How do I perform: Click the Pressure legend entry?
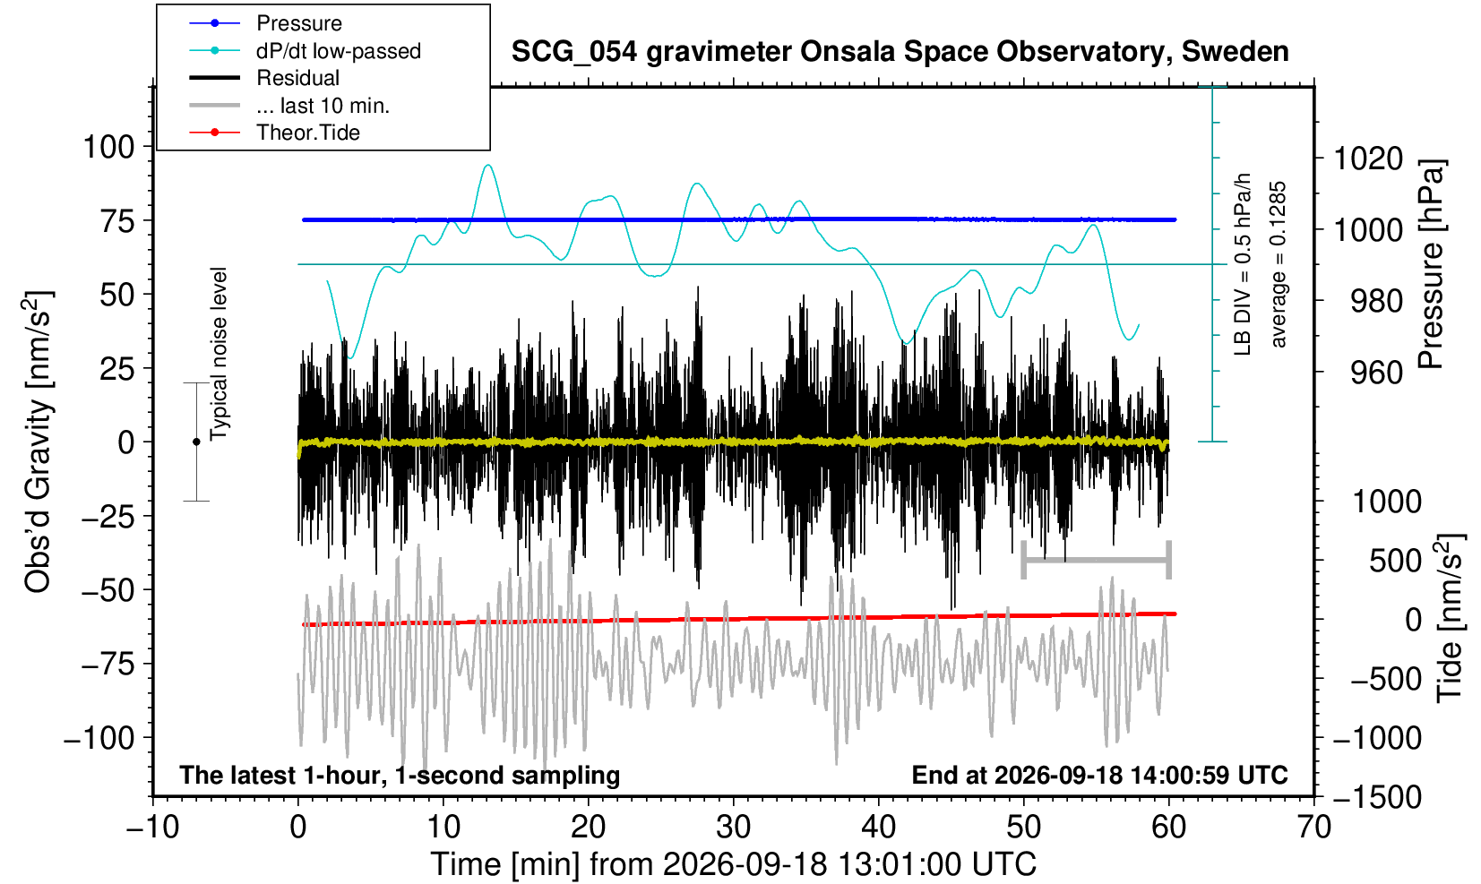(299, 23)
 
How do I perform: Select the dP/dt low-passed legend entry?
(339, 51)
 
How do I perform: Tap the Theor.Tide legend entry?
(308, 133)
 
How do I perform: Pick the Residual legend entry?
(297, 78)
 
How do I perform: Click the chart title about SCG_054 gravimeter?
(900, 51)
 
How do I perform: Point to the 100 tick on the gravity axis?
(108, 146)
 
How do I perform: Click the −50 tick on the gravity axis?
(108, 589)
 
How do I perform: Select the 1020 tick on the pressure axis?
(1368, 159)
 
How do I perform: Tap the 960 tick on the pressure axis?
(1376, 373)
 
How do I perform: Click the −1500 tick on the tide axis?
(1377, 797)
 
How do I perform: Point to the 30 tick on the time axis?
(733, 828)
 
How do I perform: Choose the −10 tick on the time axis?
(152, 828)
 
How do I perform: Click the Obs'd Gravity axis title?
(37, 442)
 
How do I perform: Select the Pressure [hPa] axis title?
(1431, 264)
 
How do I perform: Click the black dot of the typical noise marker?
(196, 442)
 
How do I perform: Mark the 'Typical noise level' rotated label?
(219, 354)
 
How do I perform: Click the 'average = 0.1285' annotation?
(1279, 264)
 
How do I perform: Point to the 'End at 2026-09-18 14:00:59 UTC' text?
(1099, 775)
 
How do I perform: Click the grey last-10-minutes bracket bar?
(1097, 560)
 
